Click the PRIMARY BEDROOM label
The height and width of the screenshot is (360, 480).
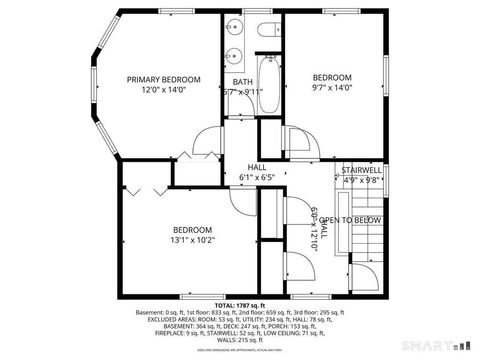(163, 79)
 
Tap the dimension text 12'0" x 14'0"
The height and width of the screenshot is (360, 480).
(163, 90)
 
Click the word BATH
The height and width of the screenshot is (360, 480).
(243, 82)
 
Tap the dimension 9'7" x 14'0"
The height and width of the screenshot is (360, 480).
(333, 88)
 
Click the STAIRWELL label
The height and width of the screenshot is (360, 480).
(361, 171)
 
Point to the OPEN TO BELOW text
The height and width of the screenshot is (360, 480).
(350, 220)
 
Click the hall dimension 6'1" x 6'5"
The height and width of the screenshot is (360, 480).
(257, 178)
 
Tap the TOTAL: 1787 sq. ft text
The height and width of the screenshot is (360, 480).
(240, 304)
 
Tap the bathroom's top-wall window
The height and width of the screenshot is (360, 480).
(270, 12)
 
